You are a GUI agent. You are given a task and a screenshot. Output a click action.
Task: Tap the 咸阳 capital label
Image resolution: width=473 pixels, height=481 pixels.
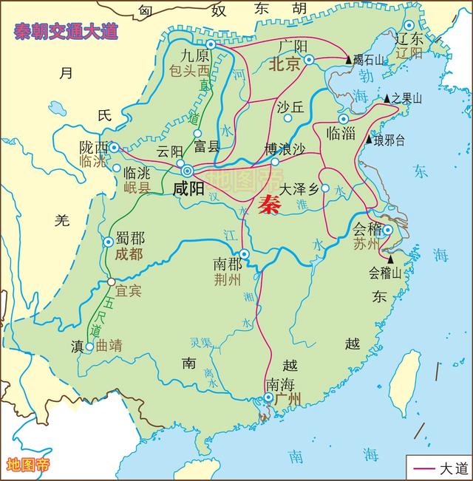pyautogui.click(x=188, y=188)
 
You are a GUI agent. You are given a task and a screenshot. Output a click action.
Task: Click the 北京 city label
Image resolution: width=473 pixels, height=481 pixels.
pyautogui.click(x=285, y=64)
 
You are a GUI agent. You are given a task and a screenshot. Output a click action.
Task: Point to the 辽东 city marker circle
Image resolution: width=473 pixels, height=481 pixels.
pyautogui.click(x=409, y=25)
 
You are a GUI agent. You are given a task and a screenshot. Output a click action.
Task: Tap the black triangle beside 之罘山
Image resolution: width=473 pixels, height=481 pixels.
pyautogui.click(x=386, y=98)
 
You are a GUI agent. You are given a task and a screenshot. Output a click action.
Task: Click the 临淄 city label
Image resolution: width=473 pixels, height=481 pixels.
pyautogui.click(x=341, y=133)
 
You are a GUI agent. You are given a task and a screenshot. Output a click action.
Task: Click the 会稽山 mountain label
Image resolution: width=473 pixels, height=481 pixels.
pyautogui.click(x=384, y=273)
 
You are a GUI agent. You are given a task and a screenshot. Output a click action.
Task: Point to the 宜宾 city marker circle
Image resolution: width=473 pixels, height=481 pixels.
pyautogui.click(x=111, y=282)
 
